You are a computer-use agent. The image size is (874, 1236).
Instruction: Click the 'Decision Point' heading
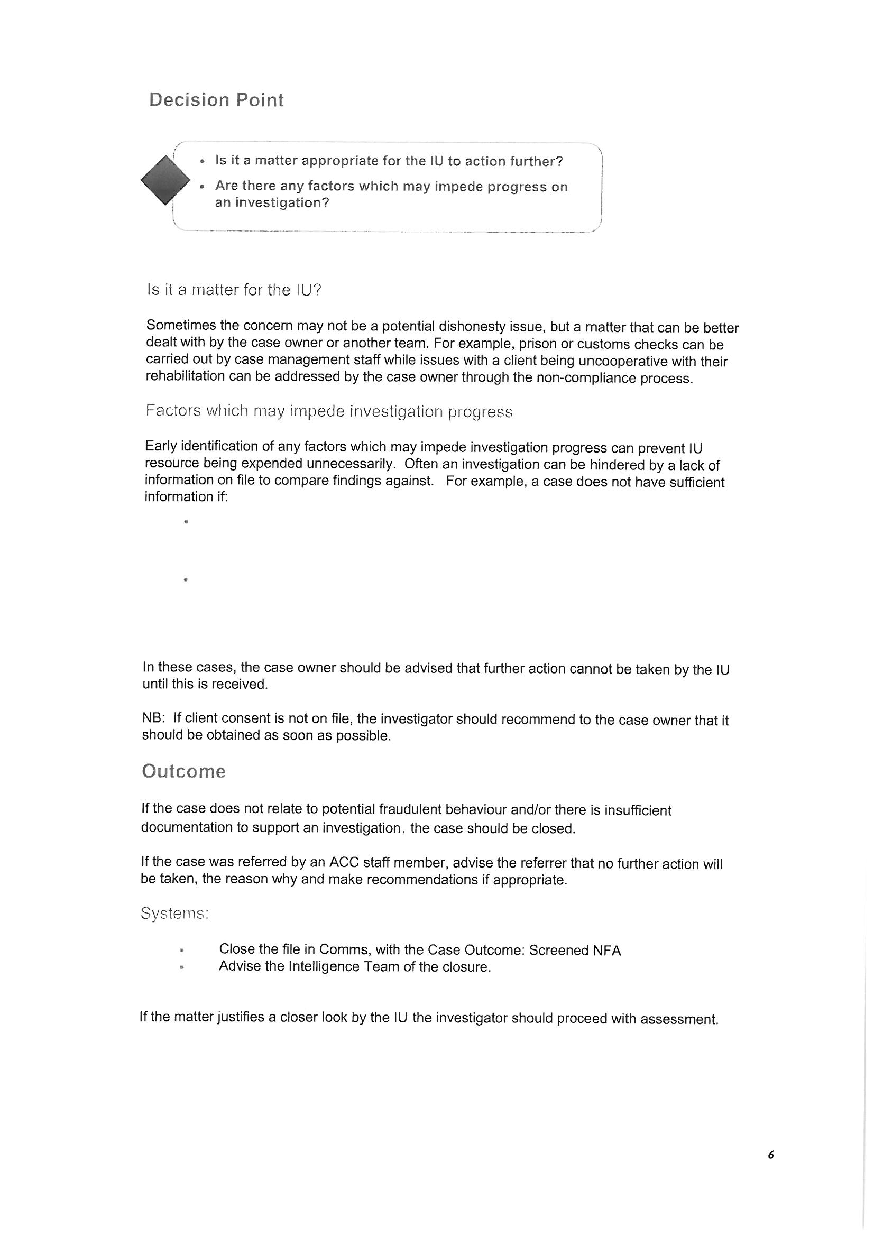click(x=216, y=100)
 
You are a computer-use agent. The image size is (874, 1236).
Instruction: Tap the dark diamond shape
click(x=165, y=179)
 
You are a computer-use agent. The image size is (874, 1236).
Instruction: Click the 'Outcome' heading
click(x=183, y=771)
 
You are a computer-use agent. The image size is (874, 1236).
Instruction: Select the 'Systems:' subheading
click(x=174, y=914)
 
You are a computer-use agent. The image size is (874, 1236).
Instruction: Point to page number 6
click(x=770, y=1155)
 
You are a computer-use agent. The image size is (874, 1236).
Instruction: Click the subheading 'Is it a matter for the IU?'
click(x=234, y=290)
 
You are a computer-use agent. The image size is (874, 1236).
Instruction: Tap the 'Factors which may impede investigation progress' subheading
click(x=328, y=412)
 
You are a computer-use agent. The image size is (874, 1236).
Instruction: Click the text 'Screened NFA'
click(x=575, y=951)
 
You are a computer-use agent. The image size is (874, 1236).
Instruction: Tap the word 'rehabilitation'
click(x=186, y=376)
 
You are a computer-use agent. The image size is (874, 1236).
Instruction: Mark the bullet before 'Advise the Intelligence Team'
click(x=182, y=967)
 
